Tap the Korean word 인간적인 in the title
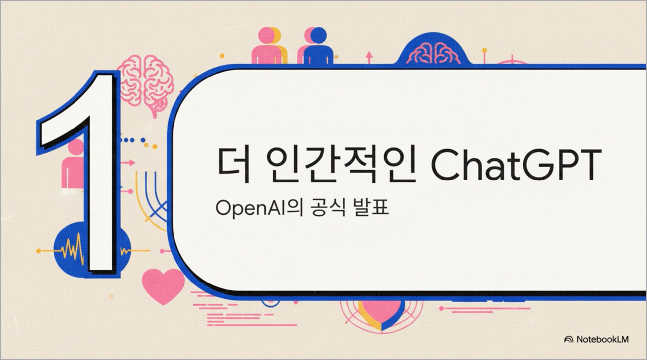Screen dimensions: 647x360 click(x=341, y=165)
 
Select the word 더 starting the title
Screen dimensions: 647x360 click(x=234, y=165)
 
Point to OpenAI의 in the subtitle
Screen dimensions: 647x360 click(x=259, y=208)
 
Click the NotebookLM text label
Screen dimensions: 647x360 click(x=603, y=339)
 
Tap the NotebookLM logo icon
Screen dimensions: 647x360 click(x=569, y=340)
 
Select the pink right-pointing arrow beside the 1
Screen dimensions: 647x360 click(x=127, y=163)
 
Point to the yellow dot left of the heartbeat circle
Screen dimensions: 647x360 click(x=39, y=251)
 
